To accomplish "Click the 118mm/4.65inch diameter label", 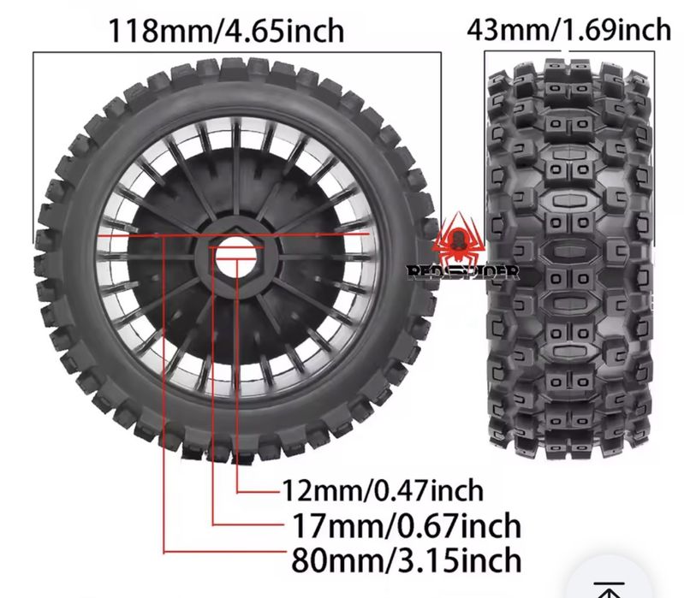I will tap(225, 31).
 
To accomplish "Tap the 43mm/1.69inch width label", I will tap(568, 30).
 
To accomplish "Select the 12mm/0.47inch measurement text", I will tap(383, 491).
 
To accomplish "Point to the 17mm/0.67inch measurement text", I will tap(406, 524).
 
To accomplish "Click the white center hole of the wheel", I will tap(235, 256).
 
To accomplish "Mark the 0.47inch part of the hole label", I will tap(430, 491).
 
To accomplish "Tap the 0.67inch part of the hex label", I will tap(461, 524).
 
